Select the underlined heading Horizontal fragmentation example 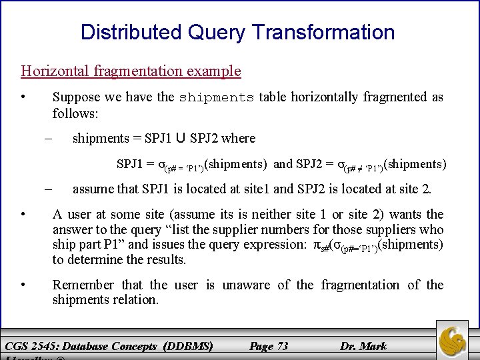coord(131,71)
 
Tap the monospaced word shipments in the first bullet coord(216,97)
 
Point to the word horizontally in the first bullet coord(315,97)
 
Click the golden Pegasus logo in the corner coord(455,339)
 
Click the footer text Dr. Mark coord(363,345)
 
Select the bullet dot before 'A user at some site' coord(23,215)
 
